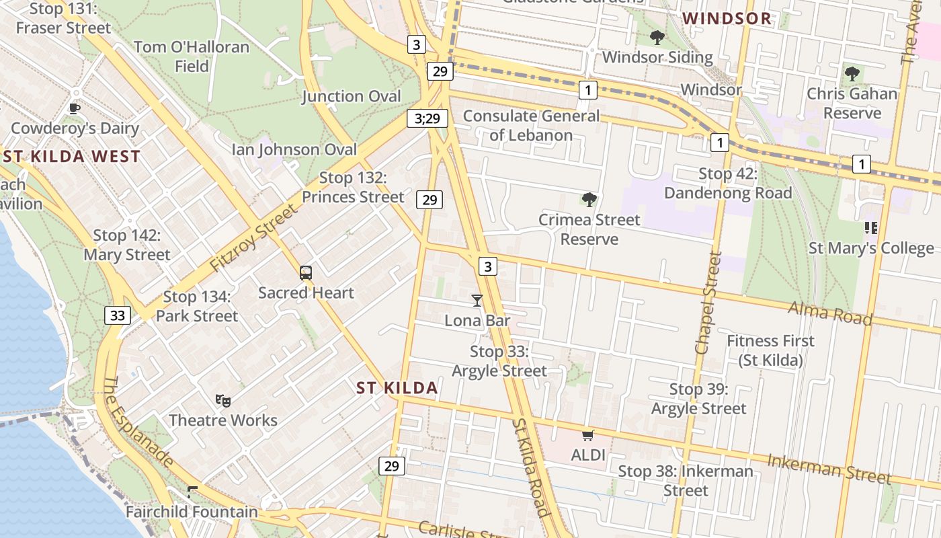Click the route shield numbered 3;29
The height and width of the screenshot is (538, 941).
(x=427, y=119)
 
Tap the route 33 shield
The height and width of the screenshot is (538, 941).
(x=118, y=315)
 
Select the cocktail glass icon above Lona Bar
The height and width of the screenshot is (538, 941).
(x=477, y=300)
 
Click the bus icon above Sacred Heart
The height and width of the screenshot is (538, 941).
(x=306, y=273)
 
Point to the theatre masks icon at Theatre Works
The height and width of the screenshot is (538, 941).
(x=223, y=401)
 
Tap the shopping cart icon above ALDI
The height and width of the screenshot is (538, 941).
(x=588, y=436)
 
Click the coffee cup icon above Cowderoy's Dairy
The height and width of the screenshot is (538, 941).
(x=75, y=108)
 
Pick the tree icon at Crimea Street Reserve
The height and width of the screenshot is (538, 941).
(x=589, y=199)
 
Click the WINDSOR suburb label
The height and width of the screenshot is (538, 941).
(x=727, y=19)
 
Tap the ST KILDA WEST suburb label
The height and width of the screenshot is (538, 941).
(x=71, y=157)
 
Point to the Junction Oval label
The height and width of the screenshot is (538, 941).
(x=351, y=96)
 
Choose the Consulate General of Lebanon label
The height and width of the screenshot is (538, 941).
(x=531, y=125)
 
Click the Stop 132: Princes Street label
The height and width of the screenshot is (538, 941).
(x=353, y=187)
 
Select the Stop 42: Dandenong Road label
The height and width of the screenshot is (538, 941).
(x=728, y=183)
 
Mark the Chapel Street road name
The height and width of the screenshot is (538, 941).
(x=708, y=303)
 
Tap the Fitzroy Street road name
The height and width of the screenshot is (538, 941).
(x=253, y=239)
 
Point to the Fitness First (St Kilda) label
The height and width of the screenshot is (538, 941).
(x=770, y=350)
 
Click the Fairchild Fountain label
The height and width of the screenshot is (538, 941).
(x=192, y=512)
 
